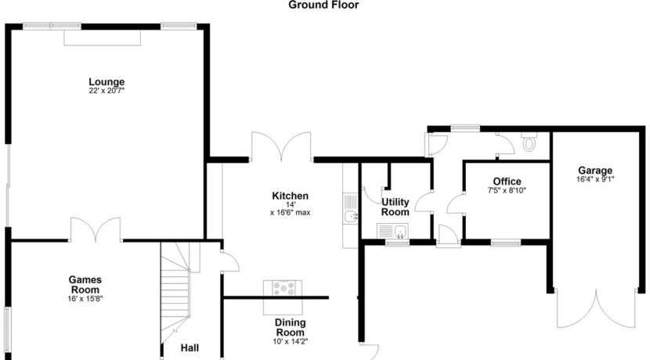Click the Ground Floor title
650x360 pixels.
pyautogui.click(x=323, y=5)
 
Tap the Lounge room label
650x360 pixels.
pyautogui.click(x=107, y=81)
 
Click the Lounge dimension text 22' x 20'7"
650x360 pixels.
pyautogui.click(x=107, y=91)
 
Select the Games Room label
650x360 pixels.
pyautogui.click(x=85, y=285)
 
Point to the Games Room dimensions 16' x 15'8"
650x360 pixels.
pyautogui.click(x=85, y=299)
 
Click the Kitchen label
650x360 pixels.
pyautogui.click(x=291, y=196)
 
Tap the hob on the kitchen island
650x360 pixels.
pyautogui.click(x=283, y=288)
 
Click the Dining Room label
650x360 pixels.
pyautogui.click(x=291, y=327)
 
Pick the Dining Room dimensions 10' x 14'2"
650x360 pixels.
pyautogui.click(x=291, y=342)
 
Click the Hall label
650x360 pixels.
pyautogui.click(x=190, y=348)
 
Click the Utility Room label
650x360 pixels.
pyautogui.click(x=395, y=207)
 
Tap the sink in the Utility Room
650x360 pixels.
pyautogui.click(x=392, y=231)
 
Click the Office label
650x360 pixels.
pyautogui.click(x=507, y=181)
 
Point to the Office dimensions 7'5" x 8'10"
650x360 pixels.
pyautogui.click(x=507, y=190)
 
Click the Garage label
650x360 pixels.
pyautogui.click(x=595, y=171)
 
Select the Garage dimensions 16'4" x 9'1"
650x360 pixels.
pyautogui.click(x=595, y=179)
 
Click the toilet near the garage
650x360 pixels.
pyautogui.click(x=529, y=142)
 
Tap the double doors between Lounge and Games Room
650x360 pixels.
pyautogui.click(x=96, y=230)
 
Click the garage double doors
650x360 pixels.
pyautogui.click(x=596, y=308)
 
